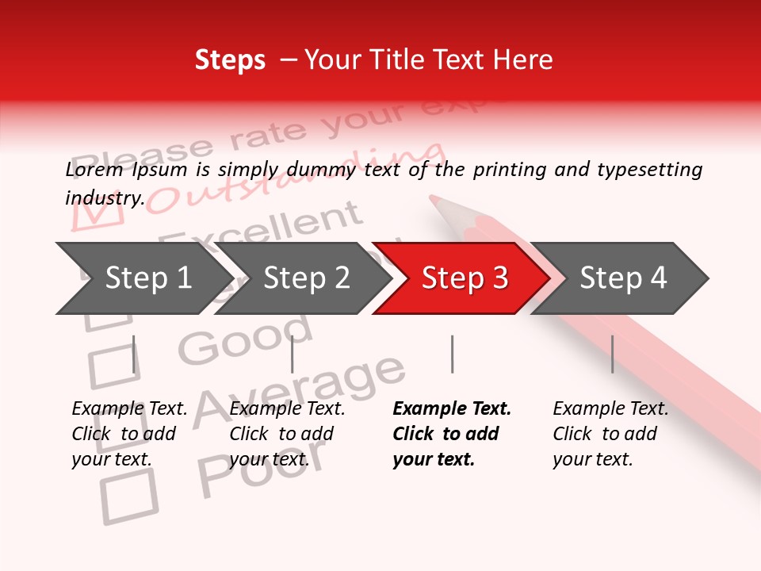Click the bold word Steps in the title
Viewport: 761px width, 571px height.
[x=230, y=60]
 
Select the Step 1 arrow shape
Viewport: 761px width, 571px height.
[x=143, y=278]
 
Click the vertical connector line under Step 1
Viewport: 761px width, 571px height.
[x=134, y=354]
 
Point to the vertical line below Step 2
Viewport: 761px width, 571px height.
[x=293, y=354]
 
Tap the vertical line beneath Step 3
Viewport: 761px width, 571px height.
[x=452, y=354]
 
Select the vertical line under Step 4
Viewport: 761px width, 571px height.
[x=612, y=354]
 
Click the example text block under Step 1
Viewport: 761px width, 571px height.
[x=129, y=434]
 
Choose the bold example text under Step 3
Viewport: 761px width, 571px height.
[x=451, y=434]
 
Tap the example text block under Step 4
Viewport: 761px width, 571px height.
[x=610, y=434]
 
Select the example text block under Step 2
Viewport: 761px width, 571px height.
[x=287, y=434]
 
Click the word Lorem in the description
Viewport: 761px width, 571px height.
[x=94, y=170]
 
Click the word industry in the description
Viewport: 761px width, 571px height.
[x=103, y=198]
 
